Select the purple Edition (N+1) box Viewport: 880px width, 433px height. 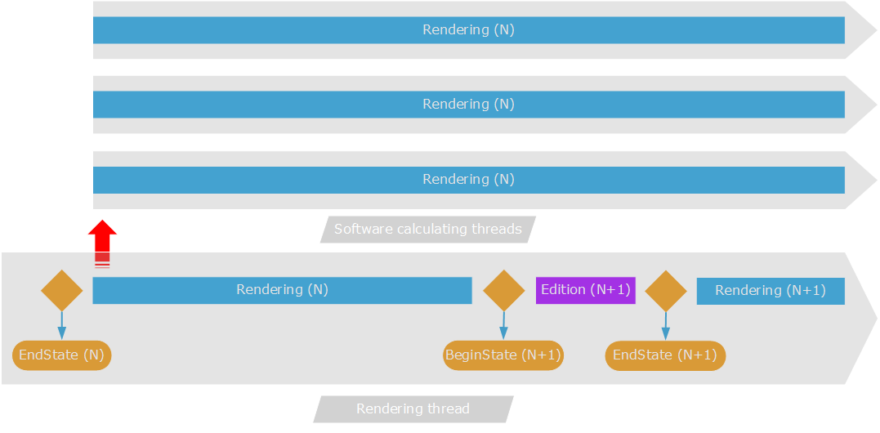pyautogui.click(x=585, y=290)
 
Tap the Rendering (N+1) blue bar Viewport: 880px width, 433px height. pyautogui.click(x=770, y=291)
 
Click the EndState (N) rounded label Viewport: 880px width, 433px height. pyautogui.click(x=62, y=355)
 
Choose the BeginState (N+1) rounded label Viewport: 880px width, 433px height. pyautogui.click(x=503, y=355)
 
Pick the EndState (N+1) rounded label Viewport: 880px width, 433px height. pyautogui.click(x=665, y=355)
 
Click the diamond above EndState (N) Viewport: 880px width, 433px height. pyautogui.click(x=62, y=291)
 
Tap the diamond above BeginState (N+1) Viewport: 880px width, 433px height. pyautogui.click(x=503, y=291)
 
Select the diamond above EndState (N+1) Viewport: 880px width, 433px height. pyautogui.click(x=666, y=291)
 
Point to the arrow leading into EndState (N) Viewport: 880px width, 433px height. pyautogui.click(x=62, y=325)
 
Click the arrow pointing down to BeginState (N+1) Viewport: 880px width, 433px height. pyautogui.click(x=503, y=325)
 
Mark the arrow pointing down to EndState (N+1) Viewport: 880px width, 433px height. pyautogui.click(x=666, y=325)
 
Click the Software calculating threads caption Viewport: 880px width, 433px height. pyautogui.click(x=427, y=230)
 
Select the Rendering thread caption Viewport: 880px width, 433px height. pyautogui.click(x=413, y=409)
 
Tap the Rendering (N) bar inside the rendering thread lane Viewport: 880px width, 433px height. pyautogui.click(x=282, y=290)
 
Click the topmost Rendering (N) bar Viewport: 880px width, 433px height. pyautogui.click(x=468, y=30)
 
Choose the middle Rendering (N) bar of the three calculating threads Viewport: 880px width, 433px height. pyautogui.click(x=468, y=105)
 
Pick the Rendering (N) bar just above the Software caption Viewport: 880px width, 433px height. pyautogui.click(x=468, y=180)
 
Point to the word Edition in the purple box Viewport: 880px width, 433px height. pyautogui.click(x=563, y=290)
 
